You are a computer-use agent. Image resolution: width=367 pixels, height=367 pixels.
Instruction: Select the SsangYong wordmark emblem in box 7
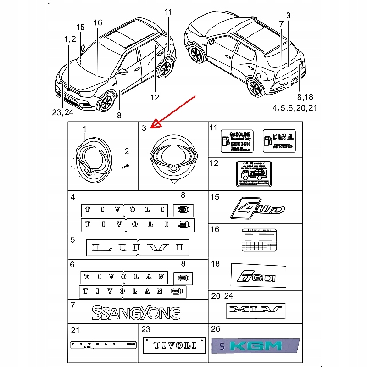(x=136, y=313)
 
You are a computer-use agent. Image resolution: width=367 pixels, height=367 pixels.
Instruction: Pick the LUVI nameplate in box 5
(x=137, y=248)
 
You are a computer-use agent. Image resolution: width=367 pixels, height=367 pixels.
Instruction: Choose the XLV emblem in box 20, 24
(x=256, y=311)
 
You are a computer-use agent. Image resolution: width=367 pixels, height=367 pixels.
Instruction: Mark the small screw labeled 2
(x=125, y=166)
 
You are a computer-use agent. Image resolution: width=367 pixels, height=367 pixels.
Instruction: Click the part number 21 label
(x=75, y=330)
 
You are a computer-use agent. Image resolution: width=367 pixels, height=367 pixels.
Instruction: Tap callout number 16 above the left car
(x=98, y=22)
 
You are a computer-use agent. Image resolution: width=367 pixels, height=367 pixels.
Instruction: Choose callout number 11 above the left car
(x=168, y=12)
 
